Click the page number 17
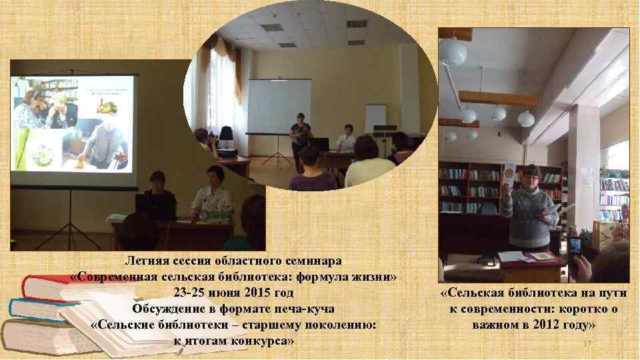point(587,343)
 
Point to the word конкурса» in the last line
point(261,341)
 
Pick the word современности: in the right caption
point(513,309)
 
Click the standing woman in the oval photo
point(300,140)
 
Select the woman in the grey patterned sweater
point(531,207)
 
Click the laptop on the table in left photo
point(155,207)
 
